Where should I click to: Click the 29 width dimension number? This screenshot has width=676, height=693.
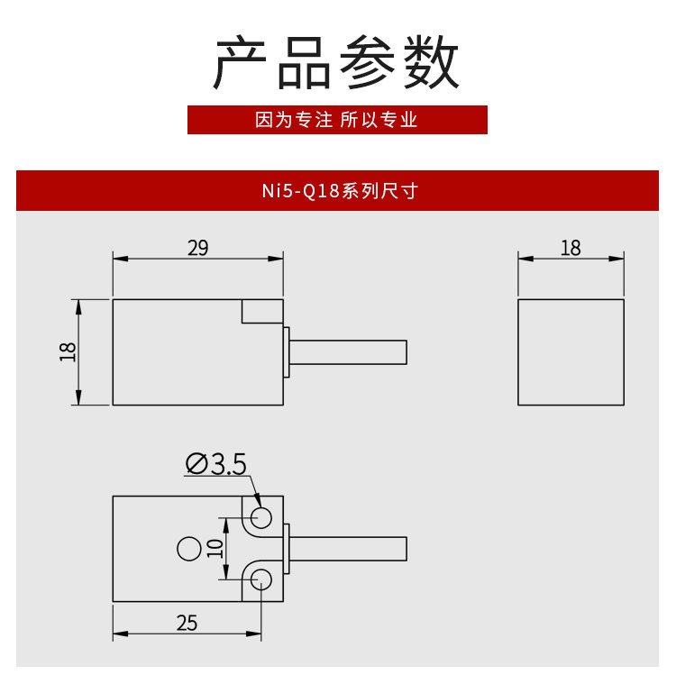pos(197,248)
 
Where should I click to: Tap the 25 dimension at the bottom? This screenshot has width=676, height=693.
pos(187,623)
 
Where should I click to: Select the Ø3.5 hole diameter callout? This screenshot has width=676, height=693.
pos(216,464)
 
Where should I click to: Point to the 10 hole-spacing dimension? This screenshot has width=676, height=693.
pos(215,548)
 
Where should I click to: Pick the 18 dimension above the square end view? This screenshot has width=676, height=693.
pos(571,248)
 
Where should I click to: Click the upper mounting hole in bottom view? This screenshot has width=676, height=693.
pos(261,516)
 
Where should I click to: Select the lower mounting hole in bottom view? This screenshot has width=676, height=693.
pos(261,579)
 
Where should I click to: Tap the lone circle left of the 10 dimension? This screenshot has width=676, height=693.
pos(188,548)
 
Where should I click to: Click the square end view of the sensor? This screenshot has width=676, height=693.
pos(571,351)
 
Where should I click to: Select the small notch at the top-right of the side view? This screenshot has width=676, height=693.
pos(262,312)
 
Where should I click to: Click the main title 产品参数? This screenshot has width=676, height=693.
pos(337,63)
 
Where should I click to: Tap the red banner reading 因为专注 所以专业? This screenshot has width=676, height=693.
pos(337,120)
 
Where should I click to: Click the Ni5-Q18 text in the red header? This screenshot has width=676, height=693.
pos(301,191)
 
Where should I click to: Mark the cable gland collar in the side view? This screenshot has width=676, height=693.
pos(287,351)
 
